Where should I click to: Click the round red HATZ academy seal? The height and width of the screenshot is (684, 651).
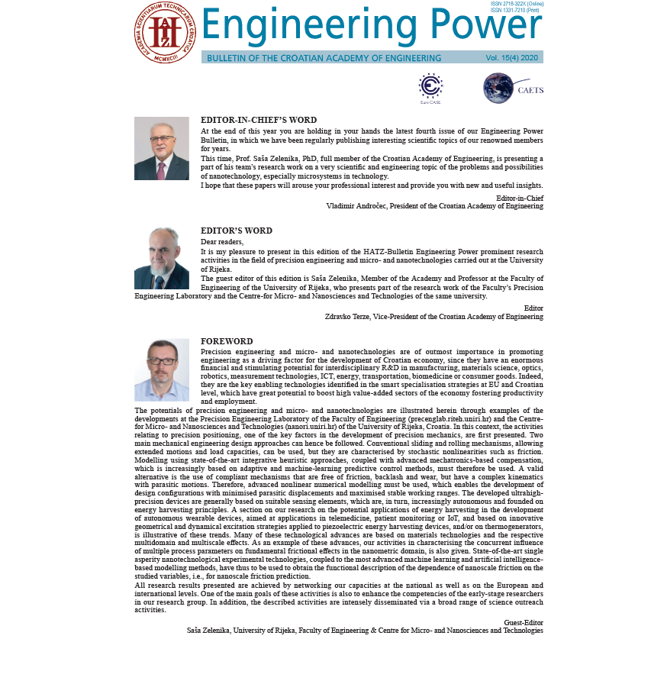pyautogui.click(x=165, y=32)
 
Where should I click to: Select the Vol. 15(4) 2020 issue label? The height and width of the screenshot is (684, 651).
pyautogui.click(x=511, y=58)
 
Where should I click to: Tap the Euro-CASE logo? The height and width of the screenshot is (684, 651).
pyautogui.click(x=430, y=87)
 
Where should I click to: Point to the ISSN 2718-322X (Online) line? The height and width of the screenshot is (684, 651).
pyautogui.click(x=517, y=4)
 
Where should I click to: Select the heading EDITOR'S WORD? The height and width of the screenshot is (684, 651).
pyautogui.click(x=237, y=231)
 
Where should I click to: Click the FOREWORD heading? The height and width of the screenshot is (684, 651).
pyautogui.click(x=227, y=341)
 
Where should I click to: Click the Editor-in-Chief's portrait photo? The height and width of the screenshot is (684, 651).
pyautogui.click(x=162, y=148)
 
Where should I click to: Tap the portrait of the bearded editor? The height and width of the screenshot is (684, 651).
pyautogui.click(x=162, y=258)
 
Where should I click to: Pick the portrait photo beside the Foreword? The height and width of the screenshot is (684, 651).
pyautogui.click(x=162, y=369)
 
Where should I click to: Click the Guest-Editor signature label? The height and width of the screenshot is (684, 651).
pyautogui.click(x=524, y=623)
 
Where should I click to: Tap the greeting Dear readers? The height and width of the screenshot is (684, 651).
pyautogui.click(x=222, y=242)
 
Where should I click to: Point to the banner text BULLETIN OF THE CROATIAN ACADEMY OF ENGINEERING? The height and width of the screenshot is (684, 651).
pyautogui.click(x=324, y=58)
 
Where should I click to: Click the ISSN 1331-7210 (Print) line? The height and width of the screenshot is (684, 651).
pyautogui.click(x=515, y=11)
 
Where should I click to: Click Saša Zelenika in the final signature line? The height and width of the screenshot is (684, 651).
pyautogui.click(x=210, y=631)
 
